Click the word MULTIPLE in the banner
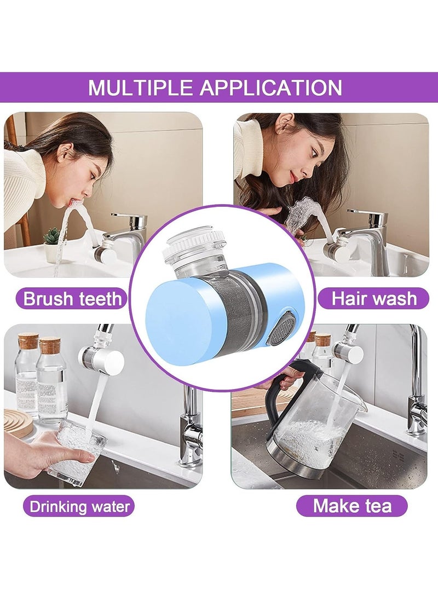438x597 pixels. [140, 88]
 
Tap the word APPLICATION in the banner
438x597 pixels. [271, 88]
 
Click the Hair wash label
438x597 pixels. [374, 299]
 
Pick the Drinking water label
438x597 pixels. [79, 506]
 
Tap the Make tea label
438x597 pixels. [352, 506]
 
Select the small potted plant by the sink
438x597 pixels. [52, 244]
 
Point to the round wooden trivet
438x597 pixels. [16, 421]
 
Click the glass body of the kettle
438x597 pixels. [312, 432]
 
